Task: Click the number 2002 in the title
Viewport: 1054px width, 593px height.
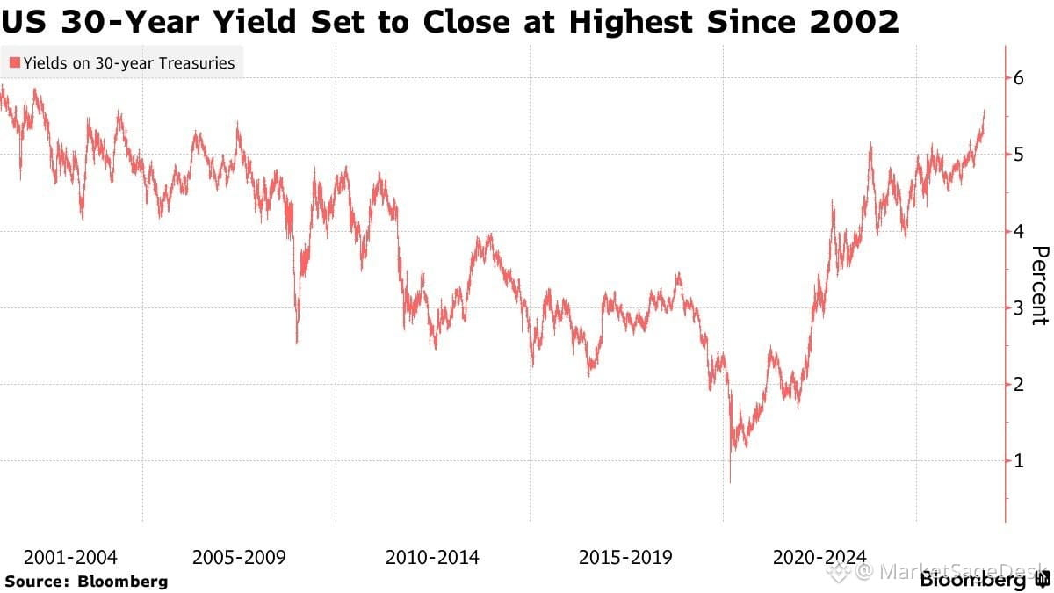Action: pos(854,22)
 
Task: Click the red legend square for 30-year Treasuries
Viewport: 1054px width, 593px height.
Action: pos(15,62)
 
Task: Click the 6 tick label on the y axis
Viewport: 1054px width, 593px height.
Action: pos(1018,78)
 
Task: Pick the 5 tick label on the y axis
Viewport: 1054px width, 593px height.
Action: pos(1018,155)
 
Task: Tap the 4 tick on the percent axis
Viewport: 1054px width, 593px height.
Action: pos(1018,231)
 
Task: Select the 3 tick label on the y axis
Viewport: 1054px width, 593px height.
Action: pos(1018,307)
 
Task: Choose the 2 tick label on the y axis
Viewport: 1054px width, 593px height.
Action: pos(1018,385)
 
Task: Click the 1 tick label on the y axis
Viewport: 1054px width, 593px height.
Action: pos(1018,461)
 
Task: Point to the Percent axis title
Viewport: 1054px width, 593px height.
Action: pos(1040,286)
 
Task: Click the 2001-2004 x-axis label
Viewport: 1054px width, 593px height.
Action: pos(70,558)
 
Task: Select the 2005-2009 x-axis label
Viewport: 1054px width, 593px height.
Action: pos(239,558)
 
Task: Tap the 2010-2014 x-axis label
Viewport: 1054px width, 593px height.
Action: pos(432,558)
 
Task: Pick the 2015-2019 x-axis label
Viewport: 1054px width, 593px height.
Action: pos(625,558)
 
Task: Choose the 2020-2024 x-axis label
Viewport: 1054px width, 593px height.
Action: pos(819,558)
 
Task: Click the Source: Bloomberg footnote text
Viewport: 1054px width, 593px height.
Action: pos(86,582)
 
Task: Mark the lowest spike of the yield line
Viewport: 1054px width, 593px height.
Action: pos(730,482)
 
